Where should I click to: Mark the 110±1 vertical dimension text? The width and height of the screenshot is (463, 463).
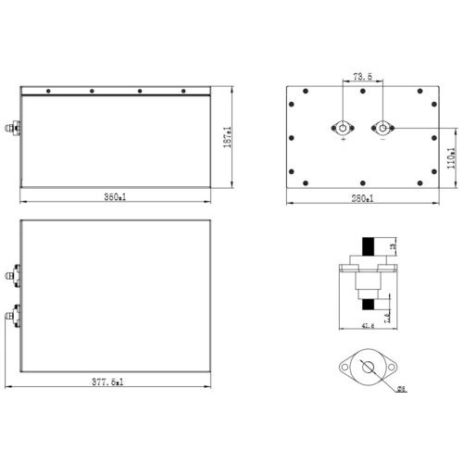click(450, 157)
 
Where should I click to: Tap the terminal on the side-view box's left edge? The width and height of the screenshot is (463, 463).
click(13, 129)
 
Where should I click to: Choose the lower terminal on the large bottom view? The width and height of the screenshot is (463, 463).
click(11, 318)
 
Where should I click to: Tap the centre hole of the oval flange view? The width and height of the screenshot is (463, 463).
click(366, 369)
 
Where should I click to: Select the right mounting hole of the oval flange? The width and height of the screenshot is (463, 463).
click(386, 369)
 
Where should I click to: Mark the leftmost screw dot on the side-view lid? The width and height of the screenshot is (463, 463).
click(44, 92)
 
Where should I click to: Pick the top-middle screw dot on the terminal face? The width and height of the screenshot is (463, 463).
click(362, 92)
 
